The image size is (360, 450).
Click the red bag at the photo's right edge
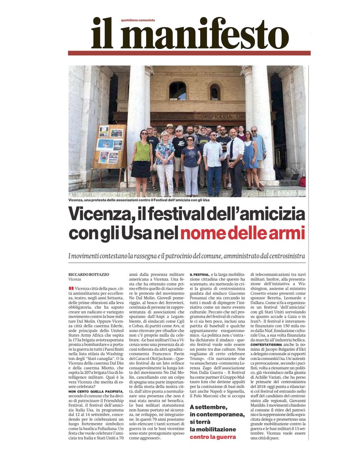[x=302, y=181]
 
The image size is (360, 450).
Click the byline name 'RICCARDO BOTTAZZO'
[x=88, y=274]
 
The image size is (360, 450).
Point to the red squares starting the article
[x=71, y=288]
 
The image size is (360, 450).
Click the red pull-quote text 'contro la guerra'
[x=213, y=437]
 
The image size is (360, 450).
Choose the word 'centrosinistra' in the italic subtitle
[x=283, y=255]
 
